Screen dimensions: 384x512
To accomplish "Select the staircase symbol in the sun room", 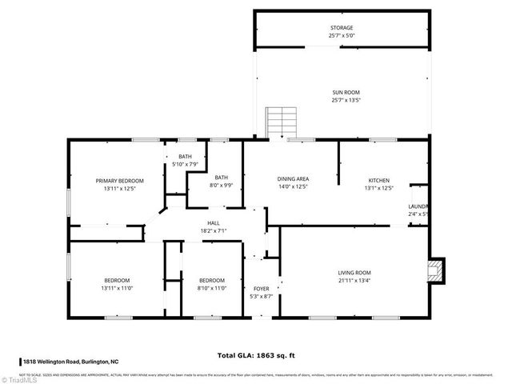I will coord(281,122).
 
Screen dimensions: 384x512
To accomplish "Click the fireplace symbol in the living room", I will coord(435,270).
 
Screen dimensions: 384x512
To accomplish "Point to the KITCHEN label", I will coord(378,180).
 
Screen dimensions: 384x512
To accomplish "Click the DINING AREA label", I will coord(293,180).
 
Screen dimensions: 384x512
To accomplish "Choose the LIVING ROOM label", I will coord(354,273).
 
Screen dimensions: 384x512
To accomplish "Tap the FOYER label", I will coord(262,288).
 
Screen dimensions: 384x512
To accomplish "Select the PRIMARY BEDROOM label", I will coord(119,181).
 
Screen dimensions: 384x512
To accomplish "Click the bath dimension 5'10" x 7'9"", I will coord(186,164).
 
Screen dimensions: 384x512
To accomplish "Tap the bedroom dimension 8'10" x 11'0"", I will coord(213,288).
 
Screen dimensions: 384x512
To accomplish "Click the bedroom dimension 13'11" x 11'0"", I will coord(118,288).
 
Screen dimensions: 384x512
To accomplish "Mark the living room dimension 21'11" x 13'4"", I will coord(354,281).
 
